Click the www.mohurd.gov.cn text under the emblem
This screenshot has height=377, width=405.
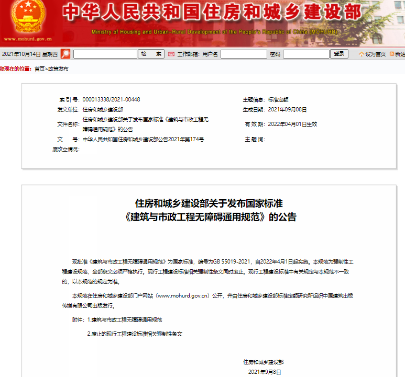point(28,39)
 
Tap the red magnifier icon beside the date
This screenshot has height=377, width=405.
point(65,54)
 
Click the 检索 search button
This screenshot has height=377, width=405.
point(151,54)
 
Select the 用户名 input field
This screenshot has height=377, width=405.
point(244,54)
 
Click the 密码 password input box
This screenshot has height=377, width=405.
point(305,54)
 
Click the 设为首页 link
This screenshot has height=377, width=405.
point(375,54)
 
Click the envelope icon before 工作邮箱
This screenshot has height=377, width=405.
point(171,54)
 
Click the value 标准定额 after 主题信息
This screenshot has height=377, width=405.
point(278,99)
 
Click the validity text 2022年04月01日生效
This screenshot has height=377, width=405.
point(292,124)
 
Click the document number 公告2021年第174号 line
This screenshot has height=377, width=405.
point(143,140)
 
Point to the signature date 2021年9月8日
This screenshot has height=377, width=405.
point(265,372)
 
